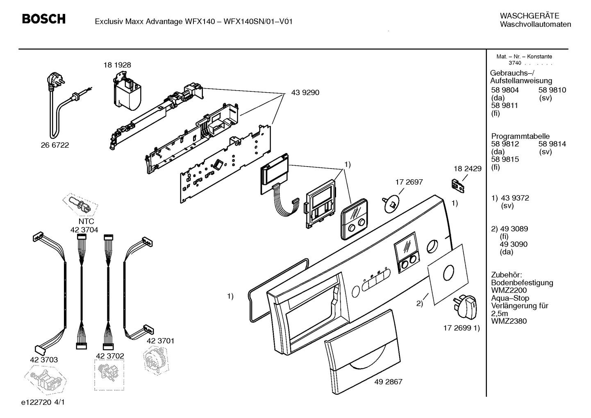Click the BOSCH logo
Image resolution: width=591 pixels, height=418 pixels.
(x=43, y=19)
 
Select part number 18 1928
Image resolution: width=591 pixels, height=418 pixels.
(x=117, y=65)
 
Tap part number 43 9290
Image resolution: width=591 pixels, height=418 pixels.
(x=305, y=93)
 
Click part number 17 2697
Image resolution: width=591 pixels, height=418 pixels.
(x=409, y=182)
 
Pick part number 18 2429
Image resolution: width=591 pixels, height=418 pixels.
(x=467, y=169)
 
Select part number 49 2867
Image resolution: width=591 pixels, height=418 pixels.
(x=388, y=381)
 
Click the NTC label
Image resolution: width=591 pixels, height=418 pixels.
(x=86, y=222)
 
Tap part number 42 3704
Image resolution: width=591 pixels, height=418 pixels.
(x=84, y=230)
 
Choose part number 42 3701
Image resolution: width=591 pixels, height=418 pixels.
(x=160, y=341)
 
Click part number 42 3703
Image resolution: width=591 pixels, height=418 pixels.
(x=44, y=360)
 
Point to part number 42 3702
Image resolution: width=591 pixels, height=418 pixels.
(x=110, y=356)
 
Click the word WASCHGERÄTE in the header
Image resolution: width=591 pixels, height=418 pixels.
(x=530, y=16)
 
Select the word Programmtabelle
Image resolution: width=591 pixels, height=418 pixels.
(x=520, y=136)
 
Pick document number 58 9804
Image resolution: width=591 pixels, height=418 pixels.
(x=505, y=90)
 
